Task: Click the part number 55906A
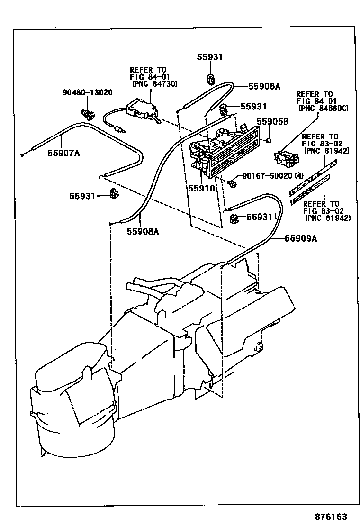(264, 86)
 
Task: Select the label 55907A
(63, 153)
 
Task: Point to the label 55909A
(300, 239)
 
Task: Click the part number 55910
(202, 188)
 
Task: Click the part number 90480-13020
(87, 92)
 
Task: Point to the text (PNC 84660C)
(323, 109)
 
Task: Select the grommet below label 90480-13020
(87, 114)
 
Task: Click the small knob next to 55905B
(268, 140)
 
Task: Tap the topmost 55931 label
(209, 57)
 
